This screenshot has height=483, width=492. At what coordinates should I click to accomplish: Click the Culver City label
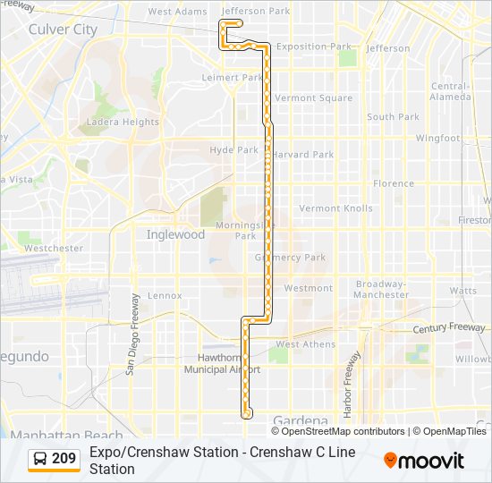pyautogui.click(x=63, y=30)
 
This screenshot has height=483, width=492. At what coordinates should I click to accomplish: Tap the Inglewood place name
pyautogui.click(x=175, y=234)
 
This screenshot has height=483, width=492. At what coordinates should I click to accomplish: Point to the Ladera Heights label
pyautogui.click(x=123, y=123)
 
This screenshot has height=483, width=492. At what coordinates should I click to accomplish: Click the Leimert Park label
pyautogui.click(x=233, y=78)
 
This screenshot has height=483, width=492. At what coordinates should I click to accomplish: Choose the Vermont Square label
pyautogui.click(x=313, y=98)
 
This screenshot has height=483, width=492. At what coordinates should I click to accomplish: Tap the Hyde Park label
pyautogui.click(x=233, y=150)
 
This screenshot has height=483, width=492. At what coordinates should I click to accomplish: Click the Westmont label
pyautogui.click(x=308, y=288)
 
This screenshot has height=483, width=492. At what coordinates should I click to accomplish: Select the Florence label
pyautogui.click(x=394, y=183)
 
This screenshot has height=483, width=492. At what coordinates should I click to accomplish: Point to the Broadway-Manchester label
pyautogui.click(x=381, y=289)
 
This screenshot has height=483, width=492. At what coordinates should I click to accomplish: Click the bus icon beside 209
pyautogui.click(x=40, y=459)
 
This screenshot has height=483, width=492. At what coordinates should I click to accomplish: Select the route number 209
pyautogui.click(x=64, y=459)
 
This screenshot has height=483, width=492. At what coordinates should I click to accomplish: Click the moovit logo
pyautogui.click(x=424, y=461)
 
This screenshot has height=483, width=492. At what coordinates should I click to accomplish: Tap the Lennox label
pyautogui.click(x=165, y=295)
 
